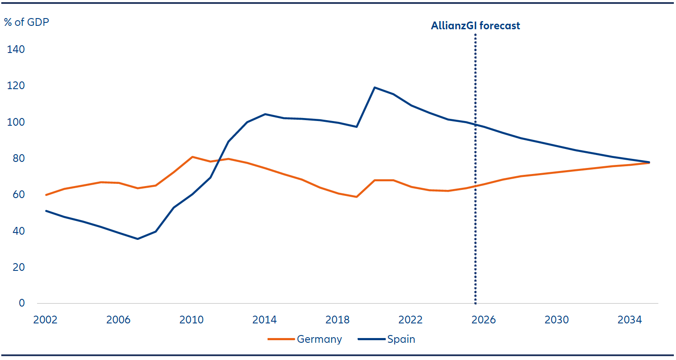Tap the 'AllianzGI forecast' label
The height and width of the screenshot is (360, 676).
coord(475,26)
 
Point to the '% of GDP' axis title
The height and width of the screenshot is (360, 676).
coord(27,22)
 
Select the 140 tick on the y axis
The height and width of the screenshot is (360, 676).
coord(16,49)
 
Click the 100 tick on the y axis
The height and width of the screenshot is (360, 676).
coord(16,122)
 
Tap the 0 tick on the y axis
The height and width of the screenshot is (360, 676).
coord(22,303)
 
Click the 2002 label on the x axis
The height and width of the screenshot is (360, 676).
coord(45,320)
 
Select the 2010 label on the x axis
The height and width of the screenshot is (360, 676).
coord(191,320)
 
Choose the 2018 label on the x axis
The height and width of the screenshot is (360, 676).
coord(337,320)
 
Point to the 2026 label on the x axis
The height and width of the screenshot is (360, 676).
coord(483,320)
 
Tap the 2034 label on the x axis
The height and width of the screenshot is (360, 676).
coord(629,320)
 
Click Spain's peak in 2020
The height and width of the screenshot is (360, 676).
coord(375,87)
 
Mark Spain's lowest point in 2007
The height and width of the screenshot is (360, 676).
coord(137,239)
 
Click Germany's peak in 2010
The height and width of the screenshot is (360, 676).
coord(192,157)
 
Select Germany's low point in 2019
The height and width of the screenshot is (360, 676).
coord(356,197)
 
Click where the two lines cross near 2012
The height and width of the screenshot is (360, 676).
coord(220,160)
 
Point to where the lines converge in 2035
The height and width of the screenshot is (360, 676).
coord(649,162)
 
